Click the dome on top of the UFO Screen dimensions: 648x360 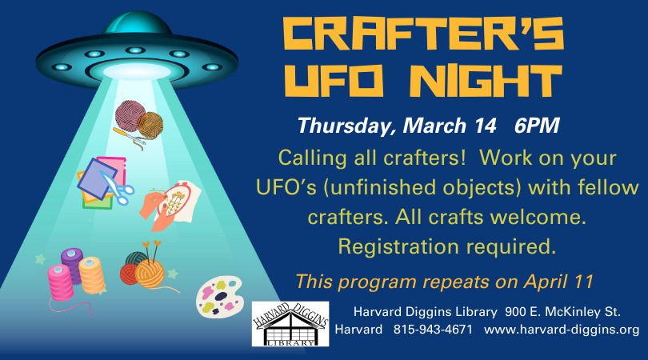point(137,24)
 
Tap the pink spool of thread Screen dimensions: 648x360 point(61,282)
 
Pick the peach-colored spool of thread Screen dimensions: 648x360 point(92,275)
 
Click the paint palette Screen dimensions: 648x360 point(218,297)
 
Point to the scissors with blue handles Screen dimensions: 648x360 point(118,187)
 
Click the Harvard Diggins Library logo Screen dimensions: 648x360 point(290,324)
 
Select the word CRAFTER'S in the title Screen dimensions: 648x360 point(423,33)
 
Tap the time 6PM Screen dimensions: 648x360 point(537,126)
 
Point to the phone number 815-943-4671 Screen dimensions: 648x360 point(433,330)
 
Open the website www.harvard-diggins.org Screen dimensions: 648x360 point(562,330)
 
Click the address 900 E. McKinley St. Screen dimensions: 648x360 point(562,312)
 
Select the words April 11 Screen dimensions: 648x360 point(558,282)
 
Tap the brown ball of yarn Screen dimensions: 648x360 point(150,125)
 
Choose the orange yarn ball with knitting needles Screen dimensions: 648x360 point(150,274)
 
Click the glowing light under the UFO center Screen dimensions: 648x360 point(137,71)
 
